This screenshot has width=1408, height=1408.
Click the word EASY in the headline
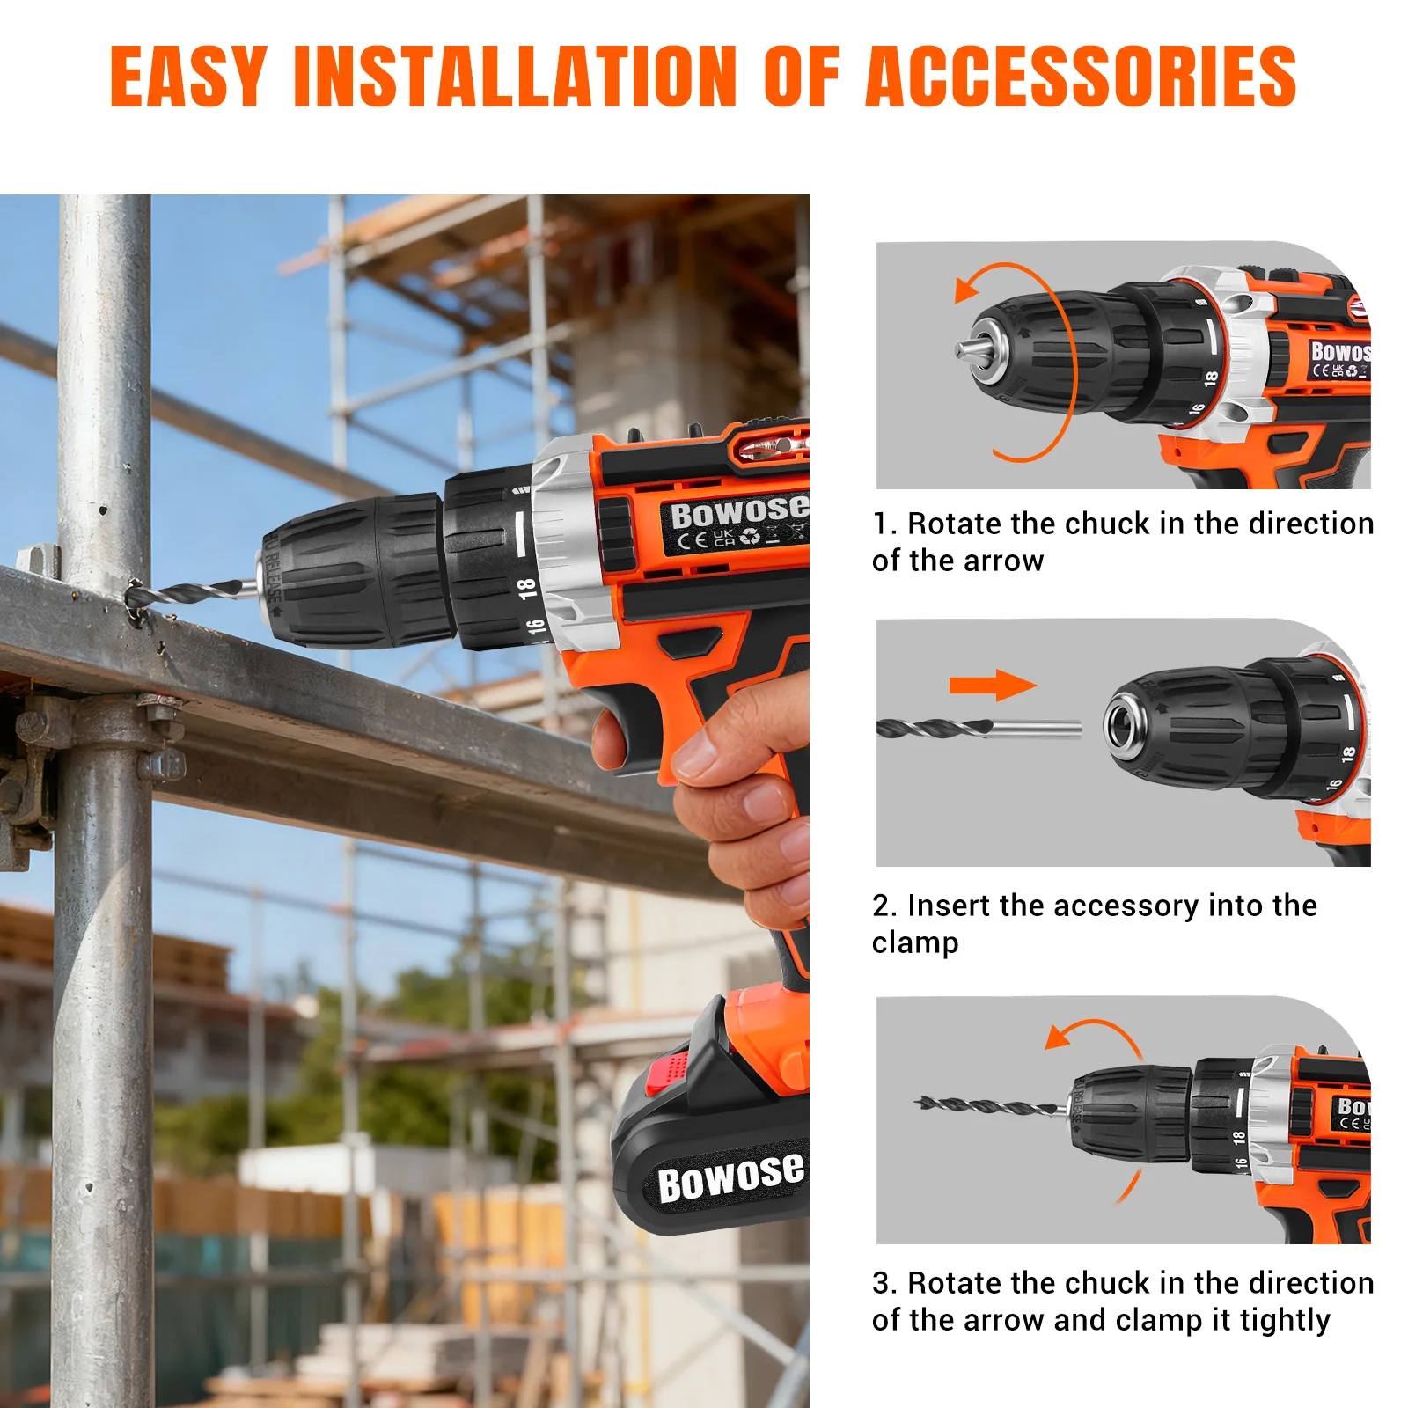click(x=188, y=77)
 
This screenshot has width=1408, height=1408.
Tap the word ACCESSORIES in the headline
click(x=1082, y=77)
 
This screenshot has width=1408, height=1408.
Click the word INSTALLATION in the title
click(x=515, y=77)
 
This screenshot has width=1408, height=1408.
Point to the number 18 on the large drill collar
click(x=526, y=588)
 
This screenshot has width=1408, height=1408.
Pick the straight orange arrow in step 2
click(x=993, y=685)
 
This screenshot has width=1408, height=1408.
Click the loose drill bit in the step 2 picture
click(x=979, y=729)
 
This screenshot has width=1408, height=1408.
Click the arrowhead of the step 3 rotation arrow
click(x=1060, y=1036)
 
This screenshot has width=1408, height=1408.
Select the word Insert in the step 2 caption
click(x=949, y=906)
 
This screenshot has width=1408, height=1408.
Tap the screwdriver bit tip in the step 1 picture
click(x=960, y=351)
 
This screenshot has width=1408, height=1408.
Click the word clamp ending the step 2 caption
click(x=915, y=943)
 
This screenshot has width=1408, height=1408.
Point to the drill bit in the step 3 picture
click(x=989, y=1106)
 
